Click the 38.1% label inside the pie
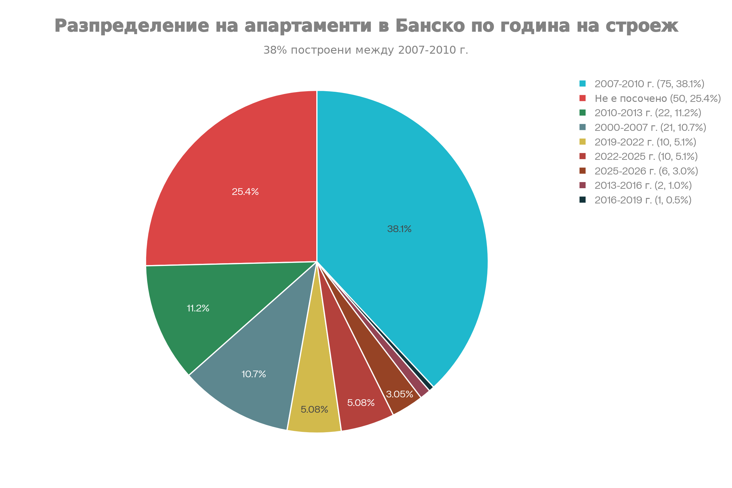[x=399, y=229]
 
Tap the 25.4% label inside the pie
[x=245, y=192]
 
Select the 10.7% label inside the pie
[x=254, y=374]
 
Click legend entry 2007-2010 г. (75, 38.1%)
[x=649, y=84]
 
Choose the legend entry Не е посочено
[x=658, y=98]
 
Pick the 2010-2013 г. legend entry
[x=648, y=113]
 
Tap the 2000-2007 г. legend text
[x=650, y=127]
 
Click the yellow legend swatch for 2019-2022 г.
[x=583, y=142]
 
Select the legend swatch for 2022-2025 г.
[x=583, y=156]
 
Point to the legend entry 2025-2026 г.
[x=646, y=171]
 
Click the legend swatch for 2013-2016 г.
[x=583, y=185]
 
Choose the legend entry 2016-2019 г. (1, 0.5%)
[x=643, y=200]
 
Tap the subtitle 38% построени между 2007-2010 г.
[x=366, y=50]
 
